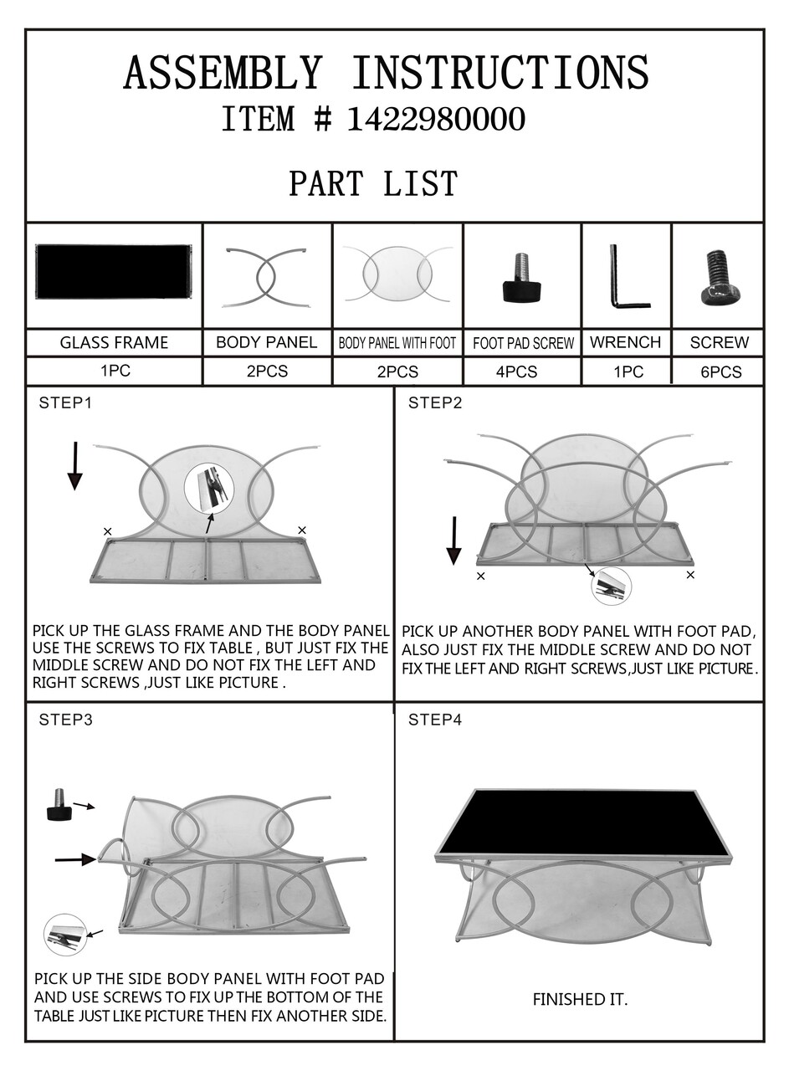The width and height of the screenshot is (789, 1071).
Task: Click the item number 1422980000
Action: pos(436,119)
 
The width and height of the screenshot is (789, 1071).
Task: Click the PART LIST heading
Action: pos(373,183)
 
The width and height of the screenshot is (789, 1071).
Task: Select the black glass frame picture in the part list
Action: pos(113,272)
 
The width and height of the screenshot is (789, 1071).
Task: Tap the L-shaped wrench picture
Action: pos(627,277)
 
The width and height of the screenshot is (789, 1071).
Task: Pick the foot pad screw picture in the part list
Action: pos(521,277)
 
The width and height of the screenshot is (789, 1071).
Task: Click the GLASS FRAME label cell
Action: pos(114,343)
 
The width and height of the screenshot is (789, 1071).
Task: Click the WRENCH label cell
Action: pos(626,342)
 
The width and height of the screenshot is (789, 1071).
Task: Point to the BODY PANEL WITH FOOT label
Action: pos(397,343)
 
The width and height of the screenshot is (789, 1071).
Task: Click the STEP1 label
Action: pos(65,403)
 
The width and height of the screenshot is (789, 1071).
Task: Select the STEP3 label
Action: pos(65,720)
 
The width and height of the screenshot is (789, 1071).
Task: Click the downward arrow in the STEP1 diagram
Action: pos(75,466)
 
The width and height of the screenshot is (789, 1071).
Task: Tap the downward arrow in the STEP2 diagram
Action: pos(453,541)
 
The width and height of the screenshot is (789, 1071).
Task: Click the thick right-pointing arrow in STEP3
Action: pos(76,859)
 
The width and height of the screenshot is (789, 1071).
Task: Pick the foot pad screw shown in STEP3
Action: pos(59,804)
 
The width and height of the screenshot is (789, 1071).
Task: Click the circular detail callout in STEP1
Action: pos(208,489)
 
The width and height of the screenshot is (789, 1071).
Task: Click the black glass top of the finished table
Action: pos(583,822)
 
